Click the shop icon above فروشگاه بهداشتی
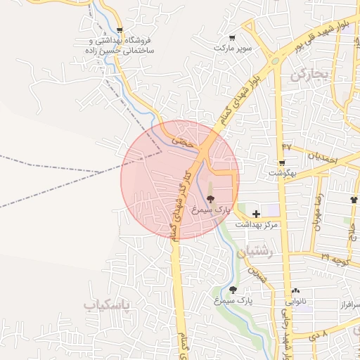120,30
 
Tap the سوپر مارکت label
233,48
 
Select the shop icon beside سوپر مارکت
233,38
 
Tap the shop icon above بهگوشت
281,162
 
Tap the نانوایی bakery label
295,301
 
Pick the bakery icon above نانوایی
295,291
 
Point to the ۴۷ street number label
286,146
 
